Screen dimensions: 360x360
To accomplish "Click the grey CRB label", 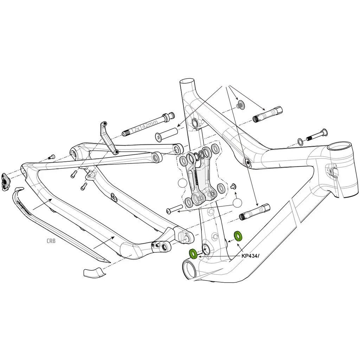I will click(x=51, y=241).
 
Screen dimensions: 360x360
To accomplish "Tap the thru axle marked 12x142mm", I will click(x=148, y=125).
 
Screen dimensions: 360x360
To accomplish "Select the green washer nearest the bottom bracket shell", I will click(x=192, y=253).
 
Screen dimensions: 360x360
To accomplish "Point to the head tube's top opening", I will click(x=341, y=147).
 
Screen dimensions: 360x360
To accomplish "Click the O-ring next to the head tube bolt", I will click(x=300, y=141).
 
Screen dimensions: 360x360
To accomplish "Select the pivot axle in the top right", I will click(x=268, y=114).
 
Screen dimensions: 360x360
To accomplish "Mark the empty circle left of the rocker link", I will click(x=182, y=183).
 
